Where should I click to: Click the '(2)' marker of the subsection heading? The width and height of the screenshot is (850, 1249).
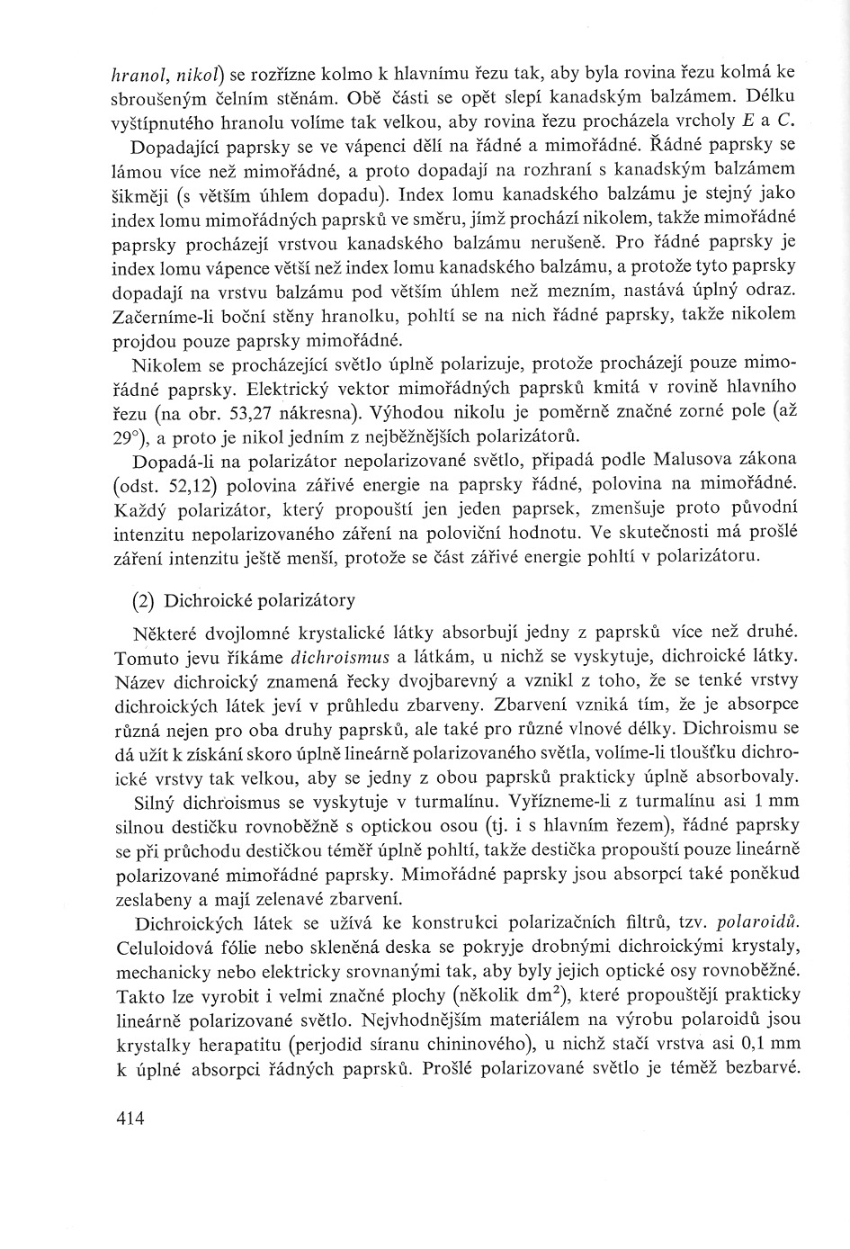144,600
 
